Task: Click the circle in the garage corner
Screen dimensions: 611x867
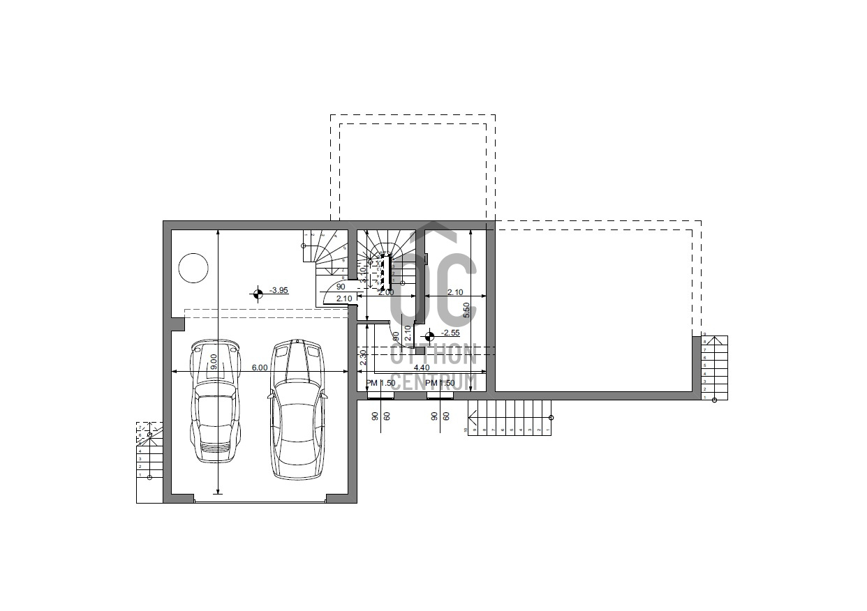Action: (193, 268)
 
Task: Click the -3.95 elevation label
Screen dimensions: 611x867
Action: (279, 290)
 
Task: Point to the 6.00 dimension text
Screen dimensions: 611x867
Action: (260, 367)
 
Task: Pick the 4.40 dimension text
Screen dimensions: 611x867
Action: (421, 368)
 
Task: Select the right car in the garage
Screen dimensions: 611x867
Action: (298, 409)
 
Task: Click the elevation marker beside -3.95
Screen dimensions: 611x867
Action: (257, 294)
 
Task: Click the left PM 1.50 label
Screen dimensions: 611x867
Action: (380, 383)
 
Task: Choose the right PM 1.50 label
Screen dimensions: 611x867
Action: (440, 383)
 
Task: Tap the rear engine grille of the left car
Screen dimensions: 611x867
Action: (214, 447)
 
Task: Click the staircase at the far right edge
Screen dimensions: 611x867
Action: (714, 368)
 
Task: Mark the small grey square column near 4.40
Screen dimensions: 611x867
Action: (420, 350)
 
